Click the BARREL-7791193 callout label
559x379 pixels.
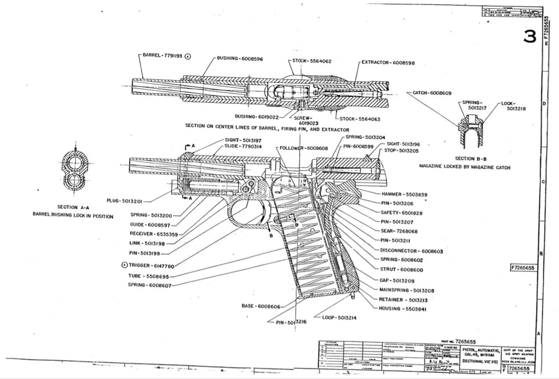[163, 56]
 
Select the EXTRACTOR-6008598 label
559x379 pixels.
[388, 63]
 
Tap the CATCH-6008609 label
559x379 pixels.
[432, 93]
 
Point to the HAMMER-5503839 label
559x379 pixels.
[404, 194]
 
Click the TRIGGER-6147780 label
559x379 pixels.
[151, 265]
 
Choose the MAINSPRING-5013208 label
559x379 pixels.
[407, 290]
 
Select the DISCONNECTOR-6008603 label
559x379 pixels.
[411, 252]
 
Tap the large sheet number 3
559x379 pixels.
[530, 37]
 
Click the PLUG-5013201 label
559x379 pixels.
[124, 201]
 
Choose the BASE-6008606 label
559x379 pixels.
[261, 306]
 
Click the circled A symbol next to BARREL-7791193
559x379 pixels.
[188, 56]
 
